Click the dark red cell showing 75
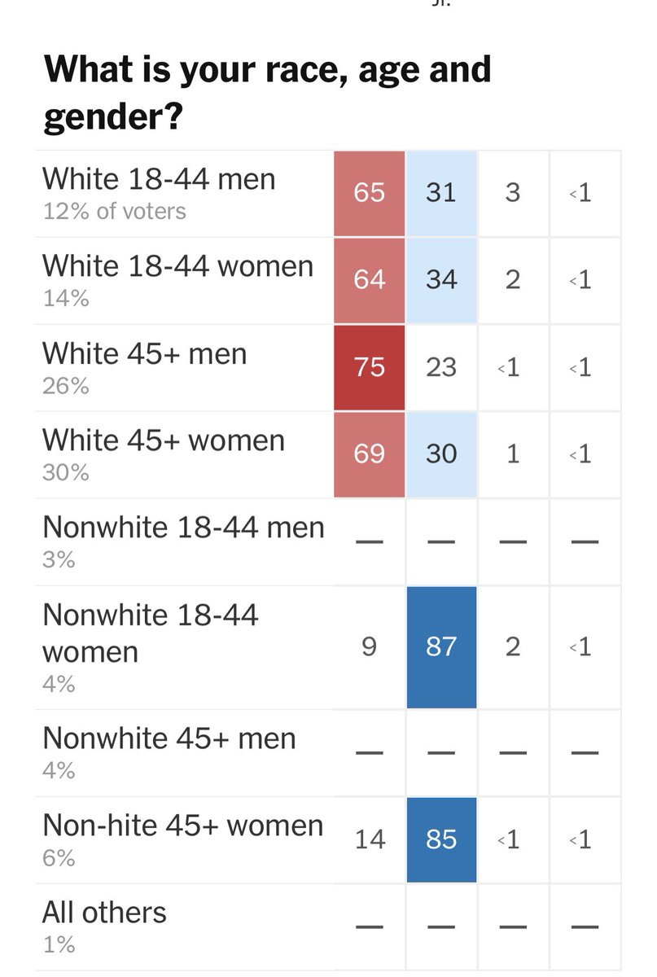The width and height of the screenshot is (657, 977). [369, 367]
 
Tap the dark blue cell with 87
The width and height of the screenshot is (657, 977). [440, 646]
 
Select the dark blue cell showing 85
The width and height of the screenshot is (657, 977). [440, 839]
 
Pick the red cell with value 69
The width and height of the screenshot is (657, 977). [369, 453]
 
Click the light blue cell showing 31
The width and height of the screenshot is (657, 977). [440, 193]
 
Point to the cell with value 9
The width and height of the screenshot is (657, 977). [369, 646]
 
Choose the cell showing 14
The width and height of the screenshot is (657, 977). [369, 839]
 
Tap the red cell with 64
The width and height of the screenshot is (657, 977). [369, 280]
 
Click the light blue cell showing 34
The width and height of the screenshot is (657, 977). [440, 280]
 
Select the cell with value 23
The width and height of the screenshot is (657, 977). [440, 367]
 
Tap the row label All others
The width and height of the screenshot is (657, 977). [104, 912]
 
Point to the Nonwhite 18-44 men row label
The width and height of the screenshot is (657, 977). [183, 528]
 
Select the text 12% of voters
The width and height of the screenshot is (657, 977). [114, 212]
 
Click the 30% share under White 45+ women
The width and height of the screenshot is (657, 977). [65, 472]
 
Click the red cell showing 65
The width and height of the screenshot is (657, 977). [369, 193]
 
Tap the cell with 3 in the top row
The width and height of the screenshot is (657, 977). [512, 193]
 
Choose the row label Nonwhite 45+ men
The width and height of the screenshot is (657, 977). [169, 738]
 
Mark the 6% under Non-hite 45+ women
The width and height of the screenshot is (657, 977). [59, 858]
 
